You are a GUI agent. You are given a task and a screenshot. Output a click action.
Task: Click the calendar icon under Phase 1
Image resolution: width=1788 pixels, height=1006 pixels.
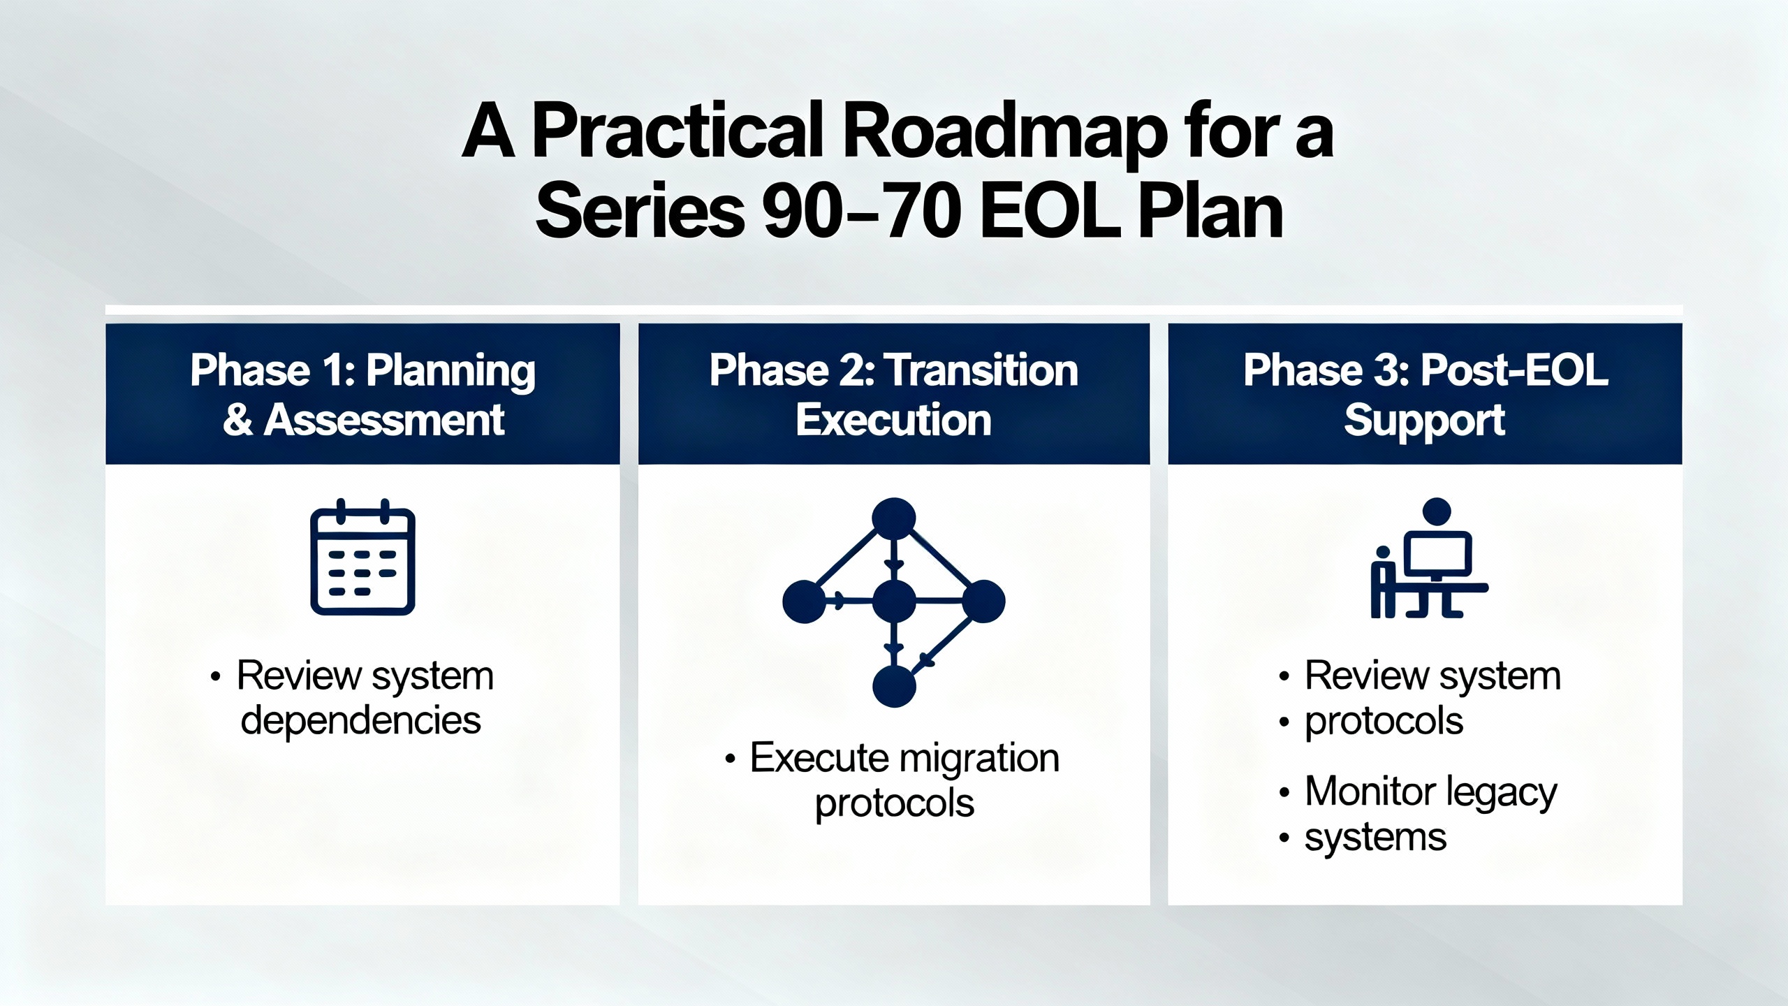pyautogui.click(x=362, y=557)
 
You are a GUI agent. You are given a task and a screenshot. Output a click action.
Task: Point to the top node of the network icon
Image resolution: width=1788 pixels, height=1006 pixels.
pyautogui.click(x=894, y=518)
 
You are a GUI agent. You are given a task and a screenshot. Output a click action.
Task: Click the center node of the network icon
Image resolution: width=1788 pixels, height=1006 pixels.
pyautogui.click(x=894, y=601)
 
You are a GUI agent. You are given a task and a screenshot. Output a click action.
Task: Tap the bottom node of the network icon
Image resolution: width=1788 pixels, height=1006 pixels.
pyautogui.click(x=894, y=686)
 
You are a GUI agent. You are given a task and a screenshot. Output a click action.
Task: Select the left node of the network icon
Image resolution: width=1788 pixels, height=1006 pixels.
pyautogui.click(x=805, y=601)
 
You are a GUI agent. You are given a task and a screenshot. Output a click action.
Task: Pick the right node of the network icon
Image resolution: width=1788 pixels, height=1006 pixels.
pyautogui.click(x=983, y=601)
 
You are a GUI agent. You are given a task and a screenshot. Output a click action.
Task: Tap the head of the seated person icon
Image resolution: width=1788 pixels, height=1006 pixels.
pyautogui.click(x=1437, y=511)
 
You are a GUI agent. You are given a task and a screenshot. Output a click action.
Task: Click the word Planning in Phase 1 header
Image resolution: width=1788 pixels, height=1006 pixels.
pyautogui.click(x=450, y=372)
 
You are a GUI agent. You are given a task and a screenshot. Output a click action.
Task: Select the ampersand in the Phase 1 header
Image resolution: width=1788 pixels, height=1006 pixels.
pyautogui.click(x=238, y=420)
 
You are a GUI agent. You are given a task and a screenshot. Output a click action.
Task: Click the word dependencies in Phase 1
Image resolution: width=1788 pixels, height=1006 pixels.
pyautogui.click(x=360, y=721)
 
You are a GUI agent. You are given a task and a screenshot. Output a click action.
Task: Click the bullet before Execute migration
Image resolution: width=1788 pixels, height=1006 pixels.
pyautogui.click(x=730, y=759)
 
